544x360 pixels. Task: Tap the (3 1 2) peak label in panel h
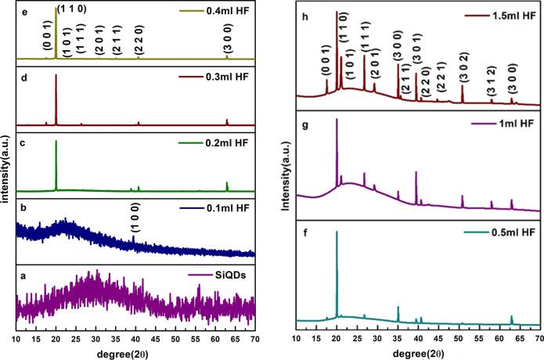click(490, 81)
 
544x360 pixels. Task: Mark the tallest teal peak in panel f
click(337, 232)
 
